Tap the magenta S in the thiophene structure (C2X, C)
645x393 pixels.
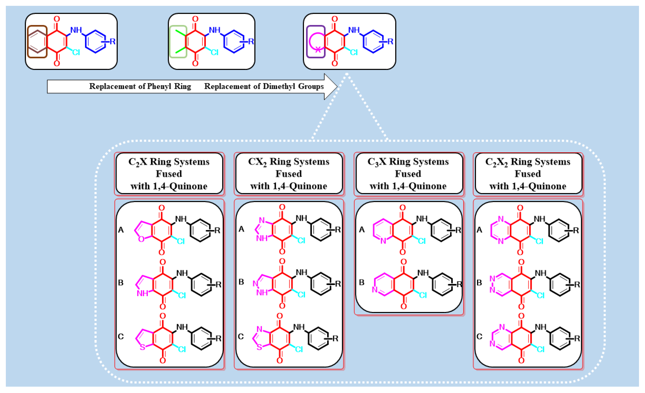pos(142,347)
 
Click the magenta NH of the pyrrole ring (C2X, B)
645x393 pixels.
pos(143,293)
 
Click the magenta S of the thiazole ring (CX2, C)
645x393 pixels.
pos(259,347)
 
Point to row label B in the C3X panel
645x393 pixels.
pos(362,282)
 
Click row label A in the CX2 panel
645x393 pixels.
pos(241,229)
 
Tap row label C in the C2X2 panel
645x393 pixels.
pos(479,336)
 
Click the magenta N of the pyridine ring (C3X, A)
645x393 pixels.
pos(383,241)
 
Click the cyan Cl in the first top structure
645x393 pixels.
pos(76,52)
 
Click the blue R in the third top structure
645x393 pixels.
pos(390,41)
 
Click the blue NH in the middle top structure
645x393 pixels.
pos(215,30)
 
